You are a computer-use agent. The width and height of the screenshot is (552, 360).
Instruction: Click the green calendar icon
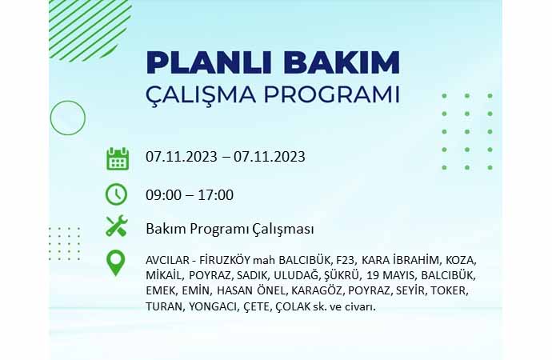coord(118,159)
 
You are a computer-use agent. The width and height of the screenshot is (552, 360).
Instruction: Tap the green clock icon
coord(116,194)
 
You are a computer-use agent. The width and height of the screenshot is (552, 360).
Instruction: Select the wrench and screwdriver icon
coord(117,226)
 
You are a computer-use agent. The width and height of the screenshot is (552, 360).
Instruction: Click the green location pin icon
coord(115,263)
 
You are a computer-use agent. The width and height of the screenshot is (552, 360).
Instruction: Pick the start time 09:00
coord(163,195)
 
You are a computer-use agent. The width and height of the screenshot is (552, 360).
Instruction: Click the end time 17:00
coord(216,195)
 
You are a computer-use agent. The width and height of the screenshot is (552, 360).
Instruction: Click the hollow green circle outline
coord(67,101)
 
